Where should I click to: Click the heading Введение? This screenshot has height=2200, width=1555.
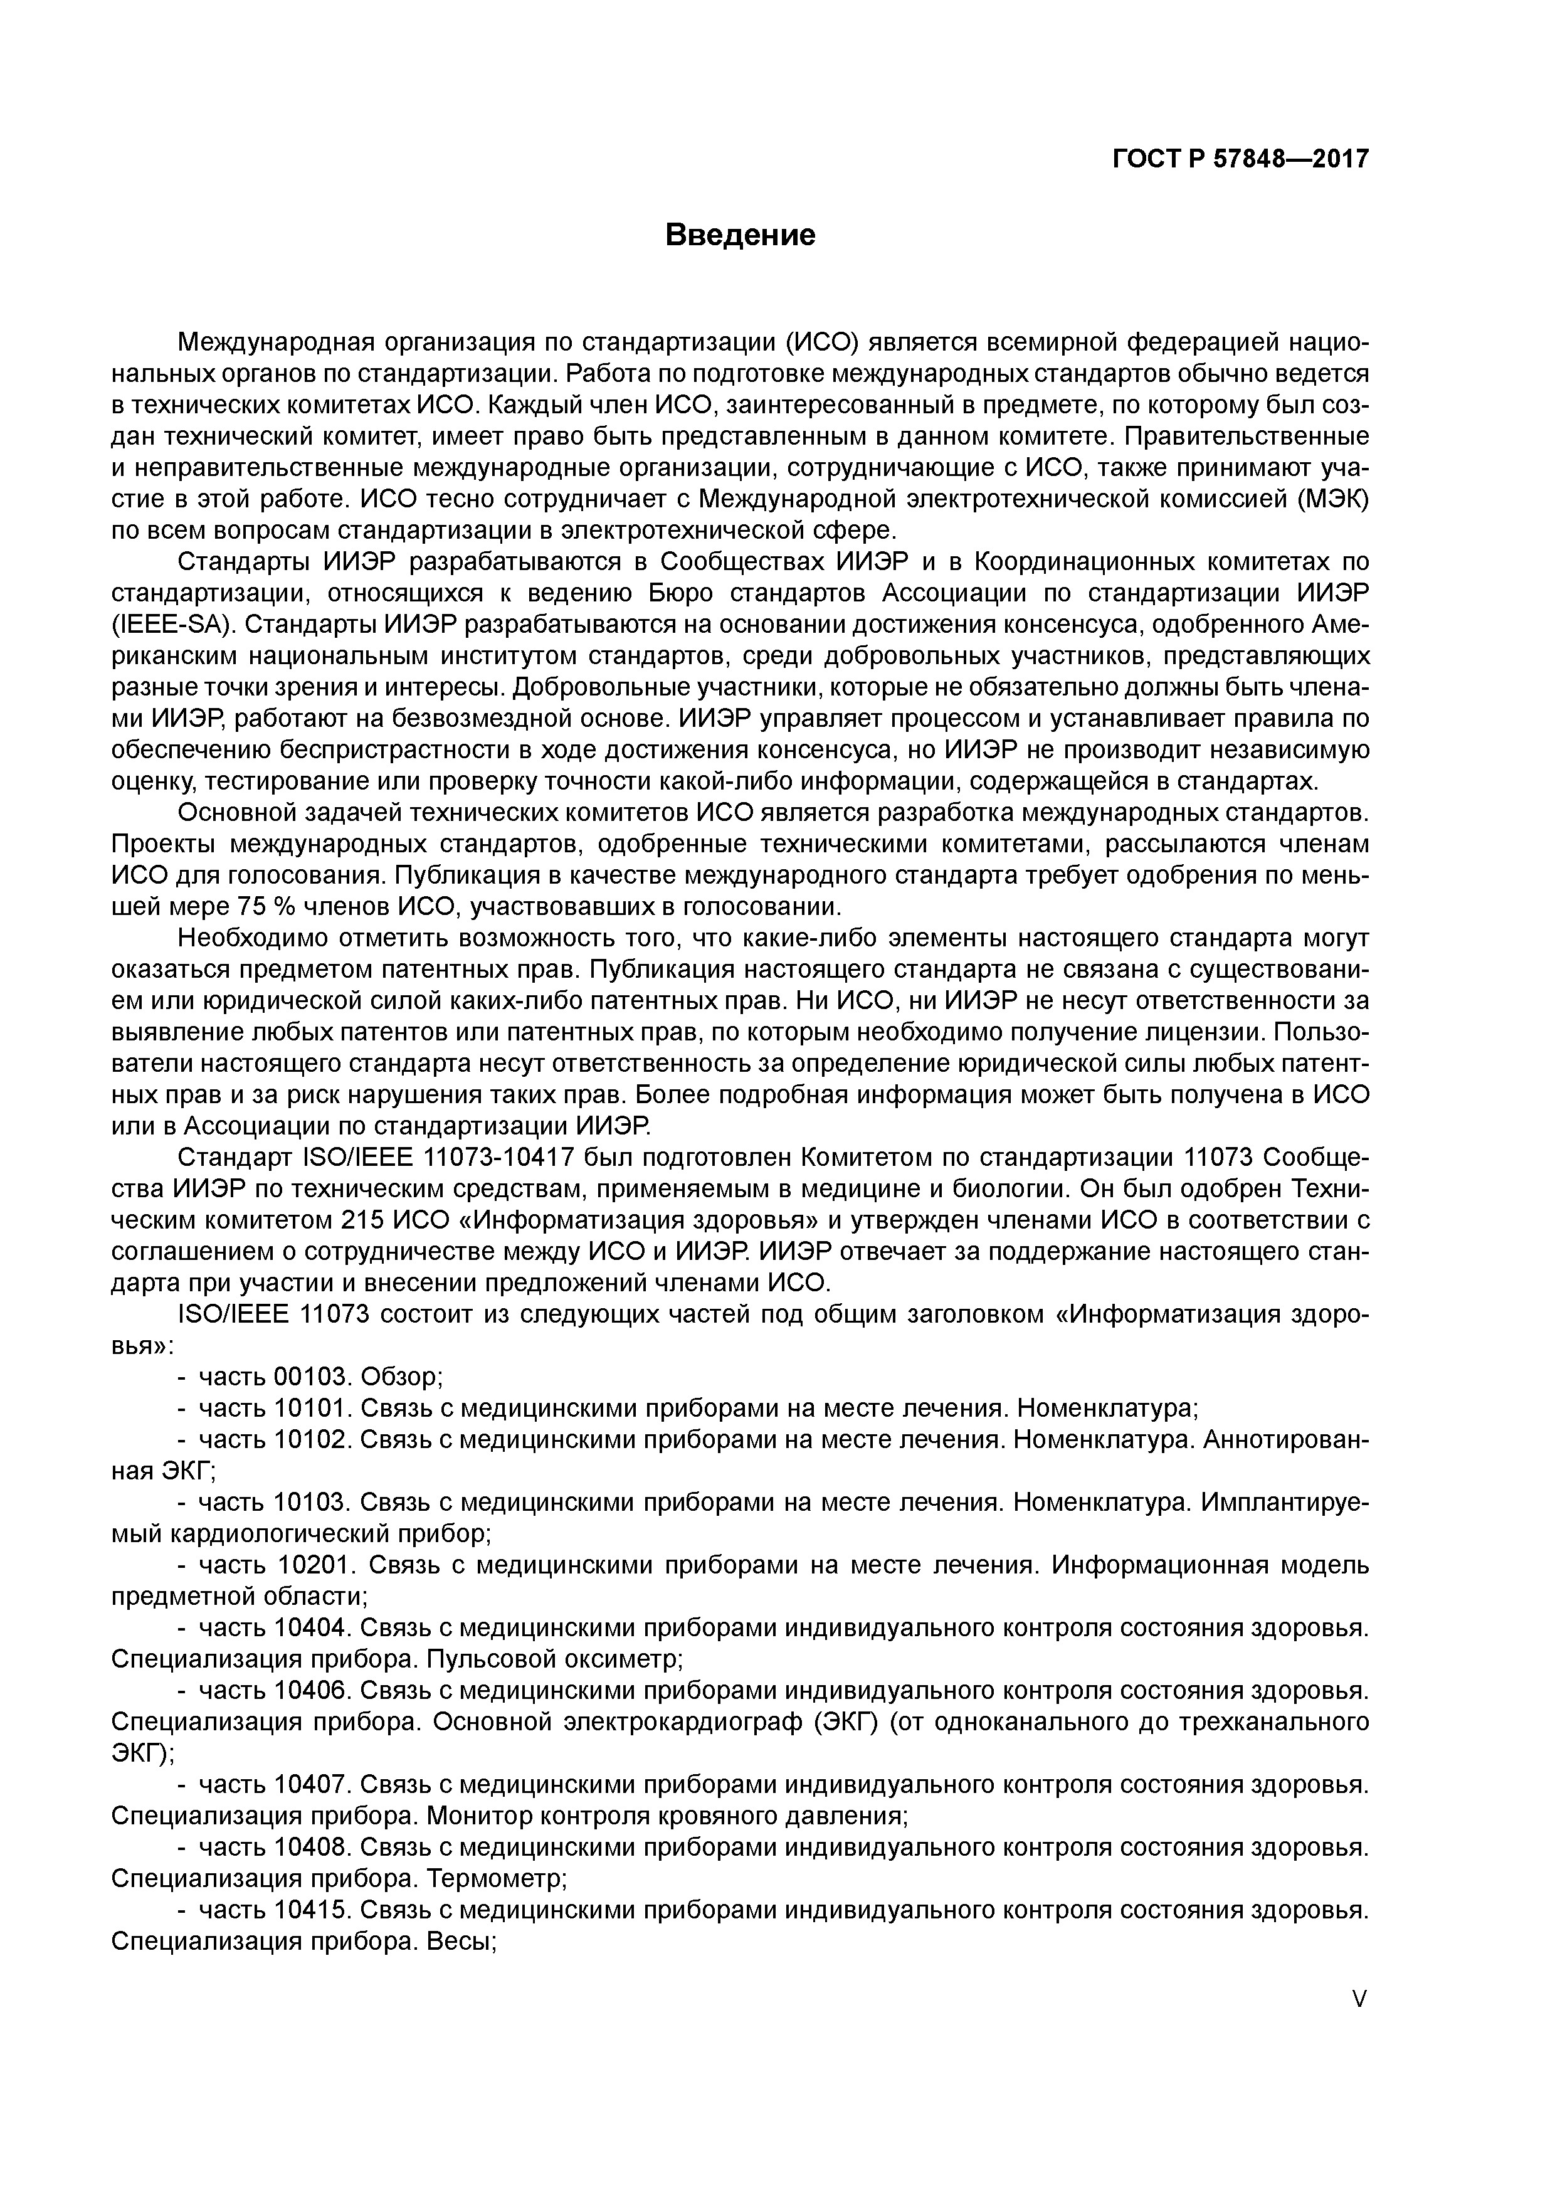(740, 235)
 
